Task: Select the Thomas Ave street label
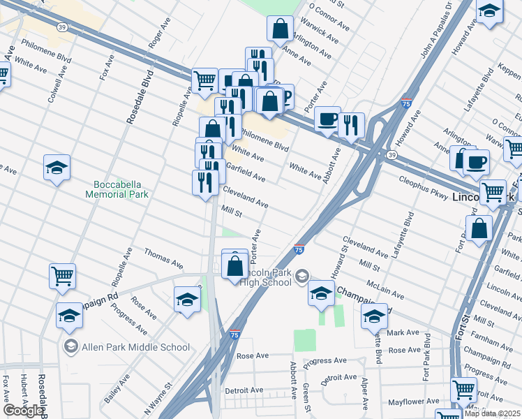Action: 163,257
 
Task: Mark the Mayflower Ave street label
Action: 413,402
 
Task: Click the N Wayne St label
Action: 158,396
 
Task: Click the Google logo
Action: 23,411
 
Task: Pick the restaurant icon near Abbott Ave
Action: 352,125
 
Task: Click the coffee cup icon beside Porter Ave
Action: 326,119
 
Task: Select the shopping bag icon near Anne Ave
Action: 280,29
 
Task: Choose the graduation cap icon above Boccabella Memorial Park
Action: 57,168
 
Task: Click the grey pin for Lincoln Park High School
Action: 301,275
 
